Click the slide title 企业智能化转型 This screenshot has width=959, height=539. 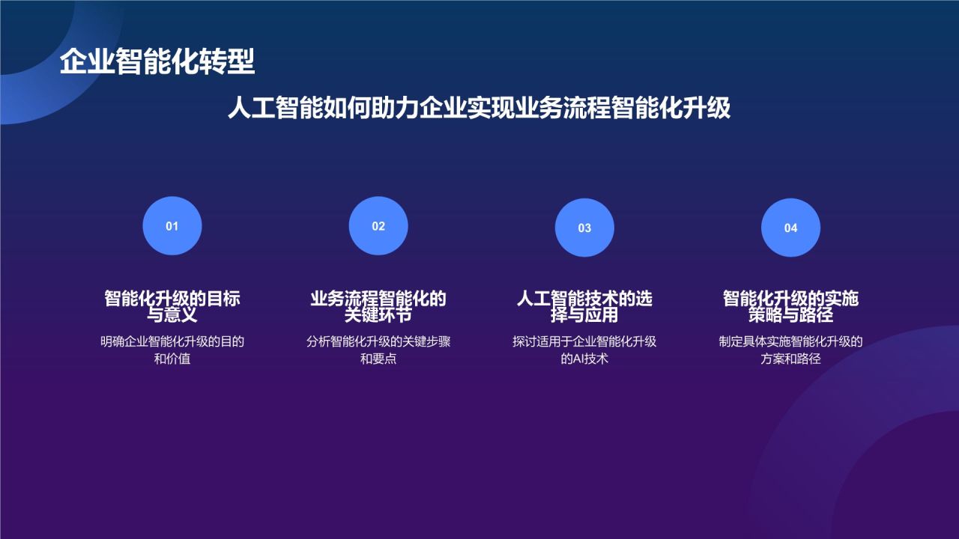157,62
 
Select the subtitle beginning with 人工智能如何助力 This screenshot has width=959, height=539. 479,108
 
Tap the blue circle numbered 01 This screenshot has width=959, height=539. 172,226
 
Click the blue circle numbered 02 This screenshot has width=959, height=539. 378,226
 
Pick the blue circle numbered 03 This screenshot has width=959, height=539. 584,228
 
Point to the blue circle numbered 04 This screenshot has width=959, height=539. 790,228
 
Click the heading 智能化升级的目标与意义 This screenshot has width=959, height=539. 172,306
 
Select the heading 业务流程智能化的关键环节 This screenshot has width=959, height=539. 378,306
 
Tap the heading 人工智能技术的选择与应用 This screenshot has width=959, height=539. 584,306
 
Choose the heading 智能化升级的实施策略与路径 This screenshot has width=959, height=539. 790,306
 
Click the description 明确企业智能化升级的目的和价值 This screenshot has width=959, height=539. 172,350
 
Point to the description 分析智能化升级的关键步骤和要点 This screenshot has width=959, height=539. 378,350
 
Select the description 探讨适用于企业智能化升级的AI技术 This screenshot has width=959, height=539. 584,350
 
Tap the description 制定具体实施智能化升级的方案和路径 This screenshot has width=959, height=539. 790,350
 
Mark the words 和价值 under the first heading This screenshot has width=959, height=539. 172,359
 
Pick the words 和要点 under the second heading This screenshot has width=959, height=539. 378,359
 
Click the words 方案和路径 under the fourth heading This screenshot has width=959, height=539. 790,359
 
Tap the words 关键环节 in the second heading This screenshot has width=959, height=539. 378,314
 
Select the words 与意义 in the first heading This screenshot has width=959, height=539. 172,314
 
